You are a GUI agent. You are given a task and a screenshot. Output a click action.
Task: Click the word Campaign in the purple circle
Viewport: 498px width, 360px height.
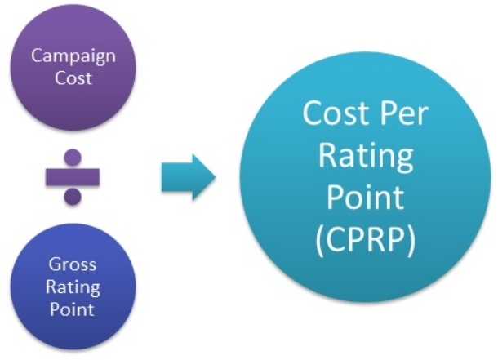[x=73, y=56]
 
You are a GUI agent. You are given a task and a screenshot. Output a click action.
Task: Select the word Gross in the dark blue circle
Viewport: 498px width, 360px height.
[x=73, y=265]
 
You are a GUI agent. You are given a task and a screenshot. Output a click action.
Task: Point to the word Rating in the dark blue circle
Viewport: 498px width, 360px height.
[x=73, y=287]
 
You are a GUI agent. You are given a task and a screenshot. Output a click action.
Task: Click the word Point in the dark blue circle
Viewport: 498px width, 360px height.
[x=73, y=309]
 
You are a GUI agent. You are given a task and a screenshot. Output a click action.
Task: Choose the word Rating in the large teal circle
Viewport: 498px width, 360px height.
[x=365, y=154]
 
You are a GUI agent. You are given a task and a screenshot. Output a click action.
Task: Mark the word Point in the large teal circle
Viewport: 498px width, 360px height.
[x=365, y=197]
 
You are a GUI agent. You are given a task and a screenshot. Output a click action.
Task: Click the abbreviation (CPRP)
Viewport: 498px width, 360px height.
[x=365, y=240]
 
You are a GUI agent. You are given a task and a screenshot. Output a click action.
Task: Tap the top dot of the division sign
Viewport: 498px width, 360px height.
[x=73, y=156]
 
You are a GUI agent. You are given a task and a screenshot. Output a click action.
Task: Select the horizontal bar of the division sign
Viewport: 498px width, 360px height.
[x=73, y=176]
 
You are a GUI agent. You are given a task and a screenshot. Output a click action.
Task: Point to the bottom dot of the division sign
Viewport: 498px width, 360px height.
[x=73, y=196]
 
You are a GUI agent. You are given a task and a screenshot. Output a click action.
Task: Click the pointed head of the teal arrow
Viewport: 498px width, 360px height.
[x=205, y=176]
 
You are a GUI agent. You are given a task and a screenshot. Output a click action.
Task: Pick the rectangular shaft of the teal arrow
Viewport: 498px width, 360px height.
[x=176, y=176]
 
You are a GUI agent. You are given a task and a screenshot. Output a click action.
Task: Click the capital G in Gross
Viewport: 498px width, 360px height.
[x=56, y=265]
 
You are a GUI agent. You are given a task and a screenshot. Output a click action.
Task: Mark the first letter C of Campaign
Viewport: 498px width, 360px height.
[x=36, y=56]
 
